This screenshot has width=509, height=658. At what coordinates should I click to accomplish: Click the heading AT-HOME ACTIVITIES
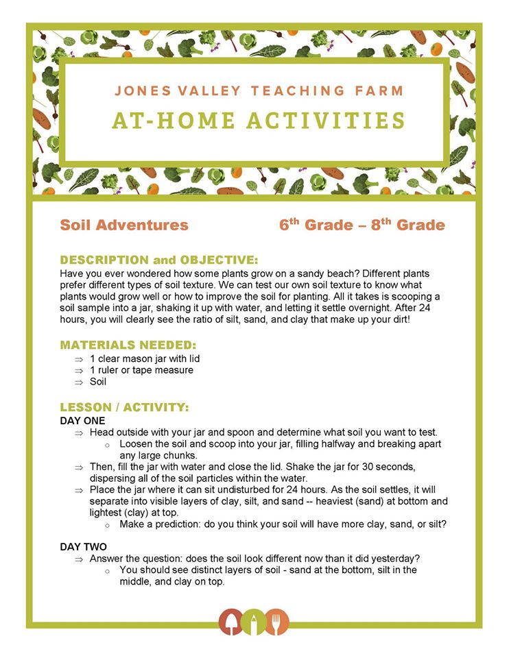259,121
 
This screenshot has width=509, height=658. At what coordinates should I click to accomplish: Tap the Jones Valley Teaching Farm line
259,90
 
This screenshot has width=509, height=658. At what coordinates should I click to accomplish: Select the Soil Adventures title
124,225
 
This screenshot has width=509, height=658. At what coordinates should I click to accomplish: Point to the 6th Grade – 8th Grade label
362,225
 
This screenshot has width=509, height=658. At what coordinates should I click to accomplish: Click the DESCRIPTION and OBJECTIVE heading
159,260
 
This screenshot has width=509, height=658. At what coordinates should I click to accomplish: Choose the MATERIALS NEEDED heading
128,345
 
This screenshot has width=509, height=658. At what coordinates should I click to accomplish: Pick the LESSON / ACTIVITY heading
125,408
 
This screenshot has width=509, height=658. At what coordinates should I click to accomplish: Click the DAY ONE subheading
83,420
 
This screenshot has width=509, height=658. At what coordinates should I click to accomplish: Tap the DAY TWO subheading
84,546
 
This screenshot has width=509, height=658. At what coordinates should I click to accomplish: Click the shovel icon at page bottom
230,622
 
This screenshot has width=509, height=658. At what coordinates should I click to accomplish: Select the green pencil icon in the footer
254,622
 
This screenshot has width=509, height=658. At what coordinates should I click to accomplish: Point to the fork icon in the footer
278,622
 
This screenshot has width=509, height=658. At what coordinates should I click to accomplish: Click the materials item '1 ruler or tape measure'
141,370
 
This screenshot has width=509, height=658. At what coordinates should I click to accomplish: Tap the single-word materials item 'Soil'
99,382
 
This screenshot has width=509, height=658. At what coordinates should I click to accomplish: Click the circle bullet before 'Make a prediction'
107,525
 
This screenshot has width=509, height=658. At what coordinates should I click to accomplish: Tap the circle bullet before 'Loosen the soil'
107,445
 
